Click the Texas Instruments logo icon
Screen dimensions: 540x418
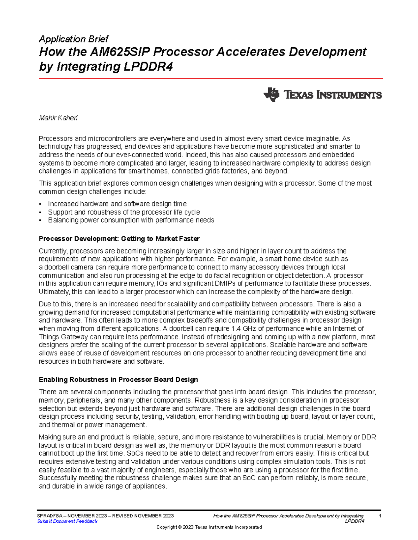[x=271, y=95]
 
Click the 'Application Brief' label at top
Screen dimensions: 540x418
[x=73, y=39]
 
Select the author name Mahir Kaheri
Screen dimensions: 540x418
[x=58, y=118]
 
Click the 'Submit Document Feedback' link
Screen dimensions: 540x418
[x=67, y=521]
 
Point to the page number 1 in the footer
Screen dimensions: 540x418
[x=380, y=516]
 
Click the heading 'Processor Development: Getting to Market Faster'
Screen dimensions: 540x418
[x=119, y=239]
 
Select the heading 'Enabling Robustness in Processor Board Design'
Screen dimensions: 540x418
[x=118, y=379]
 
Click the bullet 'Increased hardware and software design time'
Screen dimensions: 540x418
[x=117, y=204]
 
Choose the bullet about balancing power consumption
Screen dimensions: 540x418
[x=131, y=220]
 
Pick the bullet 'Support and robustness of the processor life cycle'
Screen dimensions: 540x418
[x=124, y=212]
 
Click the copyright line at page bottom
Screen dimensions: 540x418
[x=209, y=527]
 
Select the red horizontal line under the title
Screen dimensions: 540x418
[x=211, y=79]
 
